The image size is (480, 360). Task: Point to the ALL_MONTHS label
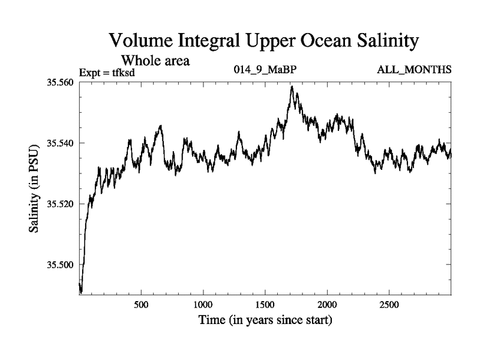pos(414,70)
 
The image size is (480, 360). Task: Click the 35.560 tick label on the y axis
pos(59,82)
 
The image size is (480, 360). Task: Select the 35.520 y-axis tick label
pos(59,204)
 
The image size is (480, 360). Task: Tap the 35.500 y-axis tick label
pos(59,265)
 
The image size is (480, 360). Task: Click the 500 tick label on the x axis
pos(141,304)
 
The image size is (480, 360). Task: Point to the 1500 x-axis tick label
pos(265,304)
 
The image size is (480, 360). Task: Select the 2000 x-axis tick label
pos(327,304)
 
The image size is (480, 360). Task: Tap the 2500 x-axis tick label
pos(389,304)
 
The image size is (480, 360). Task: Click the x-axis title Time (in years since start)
pos(265,321)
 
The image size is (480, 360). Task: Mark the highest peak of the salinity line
pos(292,86)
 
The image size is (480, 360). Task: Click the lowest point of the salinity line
pos(81,292)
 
